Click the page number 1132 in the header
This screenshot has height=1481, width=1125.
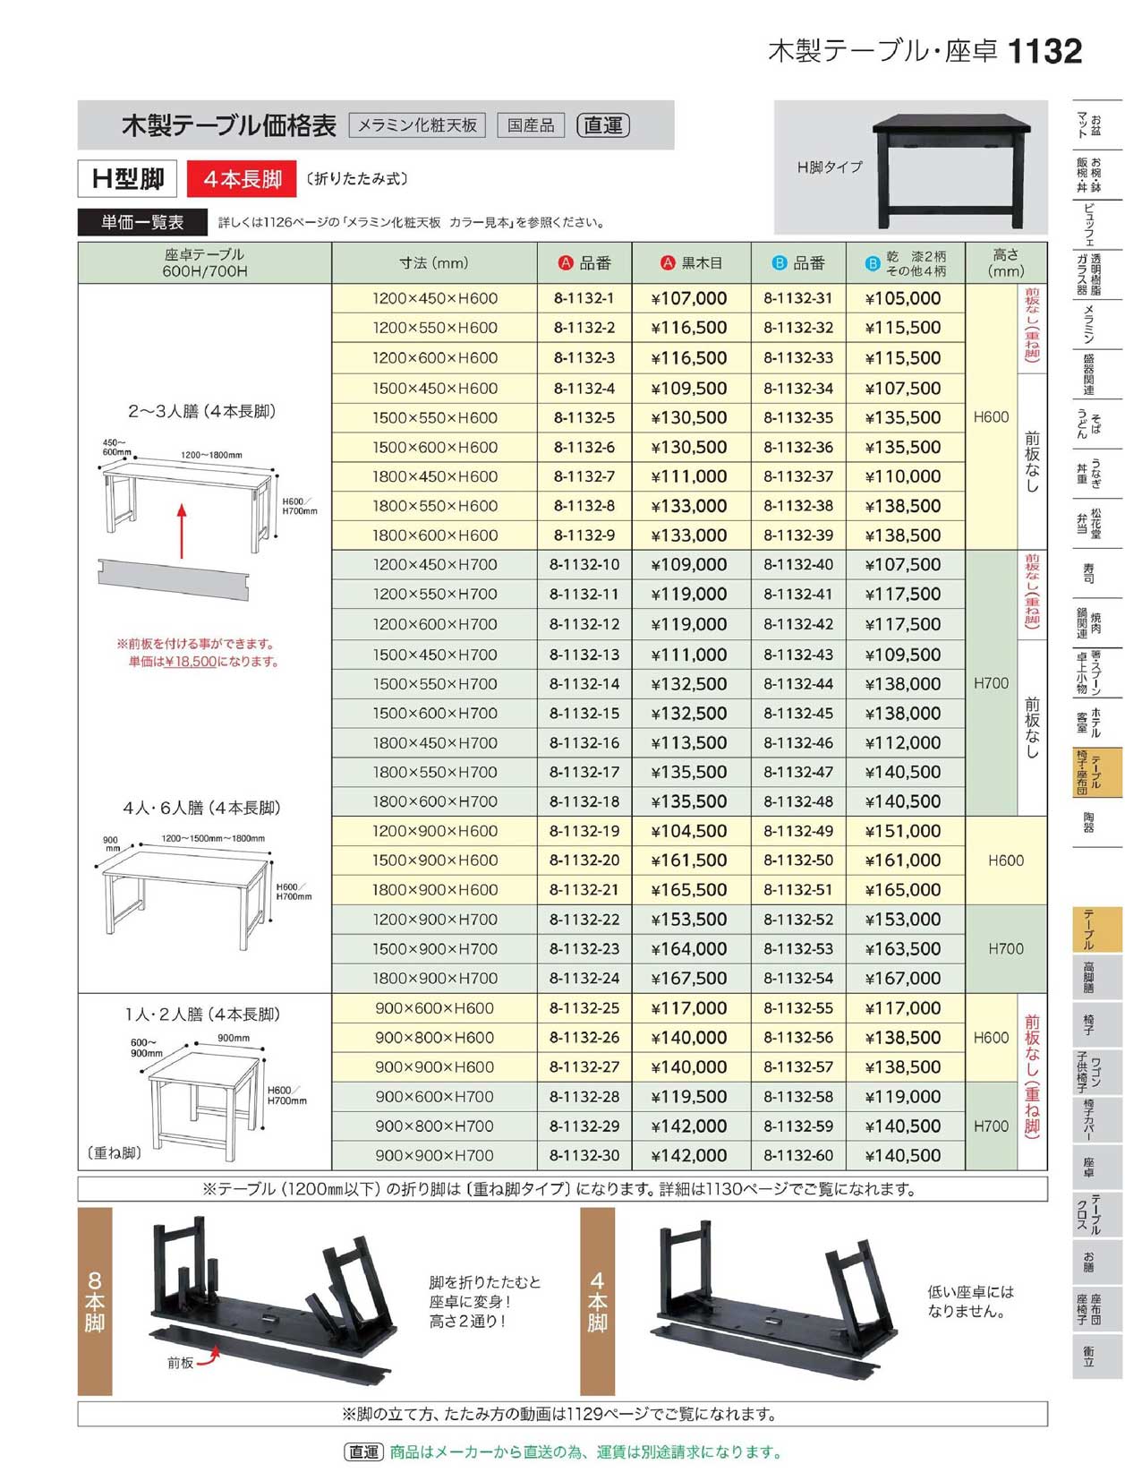[x=1044, y=51]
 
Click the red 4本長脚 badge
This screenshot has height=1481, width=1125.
[x=242, y=179]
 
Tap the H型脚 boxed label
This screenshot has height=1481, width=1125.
[x=128, y=179]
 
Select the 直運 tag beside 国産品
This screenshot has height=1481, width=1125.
[x=603, y=125]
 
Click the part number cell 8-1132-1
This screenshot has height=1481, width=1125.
[x=584, y=298]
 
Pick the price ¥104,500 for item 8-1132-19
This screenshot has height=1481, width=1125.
[x=689, y=831]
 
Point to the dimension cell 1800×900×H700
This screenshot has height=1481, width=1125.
[x=434, y=978]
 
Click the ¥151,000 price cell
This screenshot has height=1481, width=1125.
[x=902, y=831]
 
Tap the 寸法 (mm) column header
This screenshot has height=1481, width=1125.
[x=434, y=263]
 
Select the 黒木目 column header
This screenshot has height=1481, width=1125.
[x=691, y=263]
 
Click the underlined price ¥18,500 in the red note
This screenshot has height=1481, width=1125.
[x=191, y=662]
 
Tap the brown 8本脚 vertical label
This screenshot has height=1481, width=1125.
[x=95, y=1300]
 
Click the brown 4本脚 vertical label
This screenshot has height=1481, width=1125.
[x=597, y=1300]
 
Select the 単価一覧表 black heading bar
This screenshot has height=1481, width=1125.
[x=142, y=222]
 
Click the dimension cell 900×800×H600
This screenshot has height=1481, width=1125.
[x=434, y=1038]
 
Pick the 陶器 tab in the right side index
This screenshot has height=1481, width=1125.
[x=1088, y=821]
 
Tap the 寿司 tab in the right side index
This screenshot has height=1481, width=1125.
[x=1088, y=572]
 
